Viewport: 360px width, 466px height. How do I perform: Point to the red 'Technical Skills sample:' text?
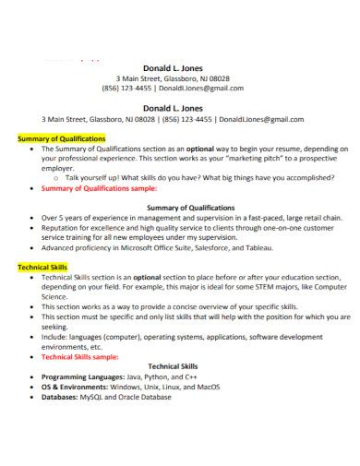pyautogui.click(x=81, y=355)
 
